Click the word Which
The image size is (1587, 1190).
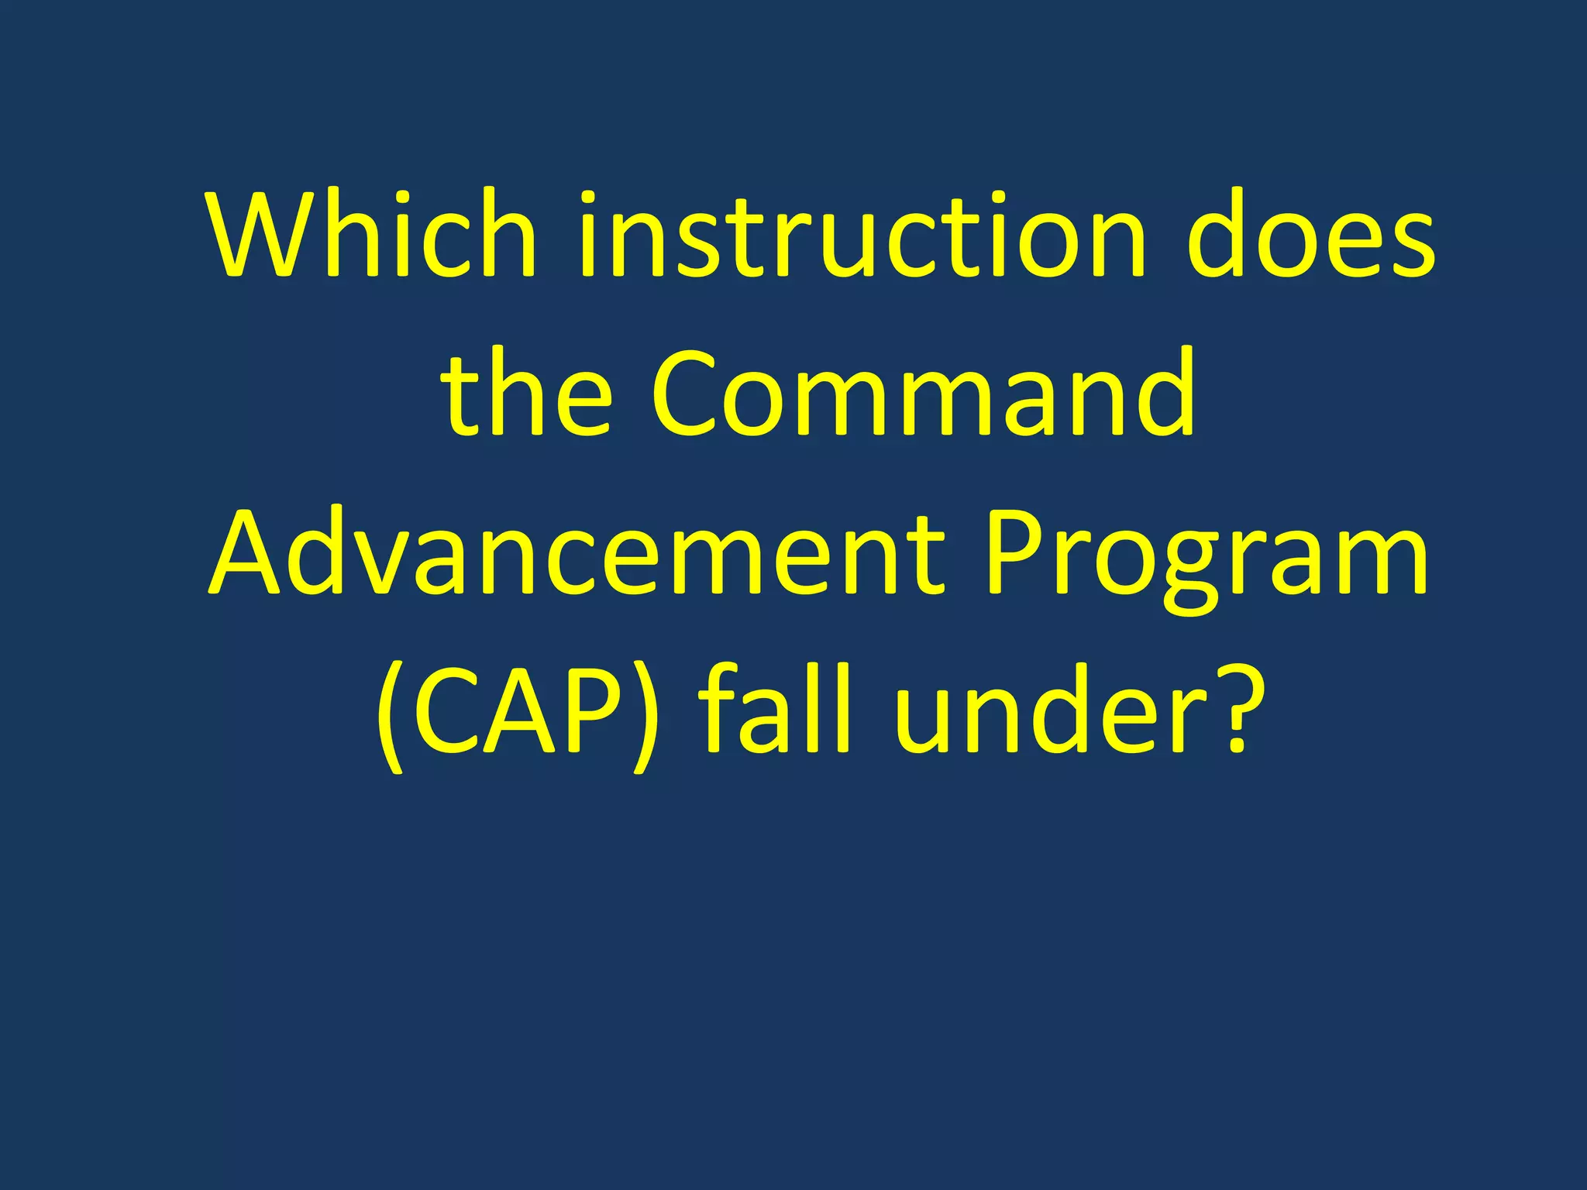[x=371, y=234]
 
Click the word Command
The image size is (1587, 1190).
[x=924, y=393]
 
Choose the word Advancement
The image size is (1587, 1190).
[x=578, y=552]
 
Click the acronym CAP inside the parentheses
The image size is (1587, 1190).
[x=518, y=711]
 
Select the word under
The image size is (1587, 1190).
[x=1051, y=711]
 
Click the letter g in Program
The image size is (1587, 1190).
[x=1193, y=569]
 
